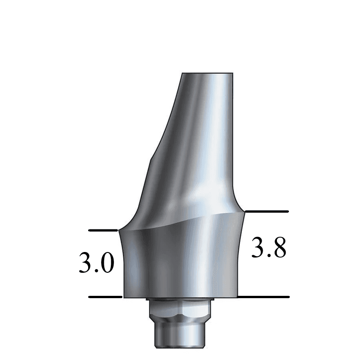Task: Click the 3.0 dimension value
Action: [x=96, y=264]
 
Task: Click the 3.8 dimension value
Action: [x=269, y=248]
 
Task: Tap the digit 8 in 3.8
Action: [x=278, y=248]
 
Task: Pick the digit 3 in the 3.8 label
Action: [x=258, y=248]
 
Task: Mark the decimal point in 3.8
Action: [x=269, y=255]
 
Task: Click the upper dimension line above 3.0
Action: [x=103, y=230]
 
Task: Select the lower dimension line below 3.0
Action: [x=105, y=297]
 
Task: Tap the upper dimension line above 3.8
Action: [x=266, y=211]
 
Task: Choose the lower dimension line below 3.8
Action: [x=263, y=297]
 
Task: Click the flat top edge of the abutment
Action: [x=207, y=73]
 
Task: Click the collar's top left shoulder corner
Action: [x=119, y=230]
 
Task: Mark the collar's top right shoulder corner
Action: [x=244, y=211]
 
